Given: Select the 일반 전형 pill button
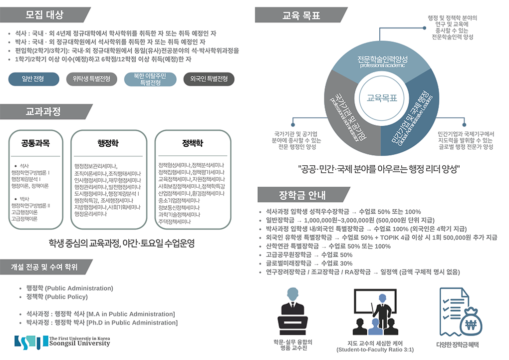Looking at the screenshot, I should click(x=33, y=79).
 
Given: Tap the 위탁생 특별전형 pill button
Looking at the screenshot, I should click(x=91, y=79).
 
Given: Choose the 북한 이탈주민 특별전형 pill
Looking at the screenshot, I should click(x=150, y=79).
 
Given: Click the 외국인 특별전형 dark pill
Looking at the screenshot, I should click(x=209, y=79).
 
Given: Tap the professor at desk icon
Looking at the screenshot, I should click(x=292, y=313).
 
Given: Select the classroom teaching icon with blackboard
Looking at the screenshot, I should click(x=374, y=313).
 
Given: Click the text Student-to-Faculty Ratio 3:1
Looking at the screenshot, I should click(x=375, y=350).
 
